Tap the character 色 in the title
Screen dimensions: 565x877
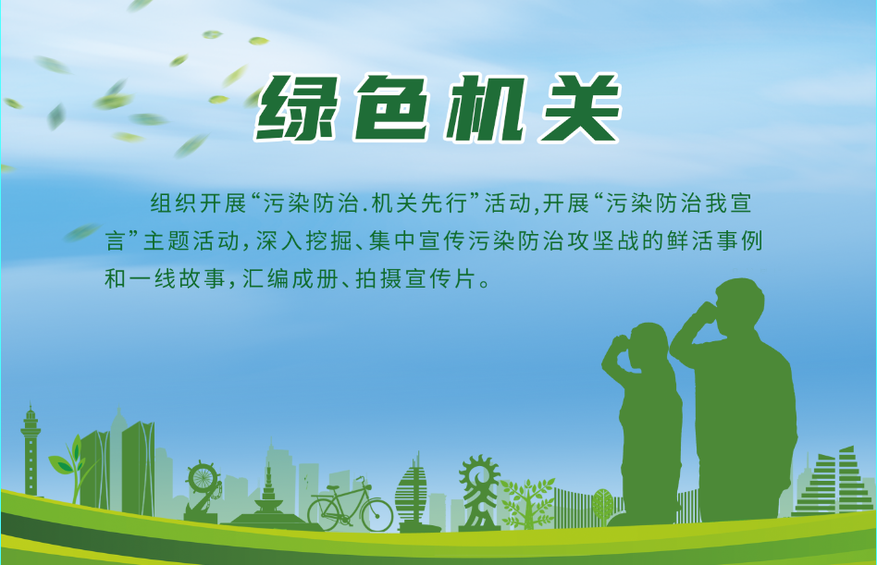click(396, 108)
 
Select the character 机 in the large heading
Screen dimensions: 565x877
click(488, 108)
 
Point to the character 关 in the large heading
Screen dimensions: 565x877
click(579, 108)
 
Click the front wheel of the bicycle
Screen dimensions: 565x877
click(377, 512)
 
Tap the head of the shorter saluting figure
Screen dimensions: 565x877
click(648, 345)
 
